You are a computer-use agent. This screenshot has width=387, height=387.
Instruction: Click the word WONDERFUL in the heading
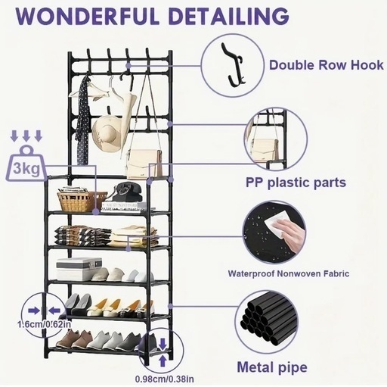[x=88, y=16]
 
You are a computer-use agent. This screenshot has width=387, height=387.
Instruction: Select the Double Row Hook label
[x=327, y=65]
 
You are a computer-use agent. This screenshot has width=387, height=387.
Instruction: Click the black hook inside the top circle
[x=232, y=65]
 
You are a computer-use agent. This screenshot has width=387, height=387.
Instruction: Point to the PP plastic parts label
[x=296, y=183]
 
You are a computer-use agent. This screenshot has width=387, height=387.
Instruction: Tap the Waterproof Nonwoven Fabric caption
[x=289, y=273]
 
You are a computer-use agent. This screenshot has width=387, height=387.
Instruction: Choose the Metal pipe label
[x=272, y=367]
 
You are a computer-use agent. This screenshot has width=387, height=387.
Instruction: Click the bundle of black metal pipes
[x=268, y=319]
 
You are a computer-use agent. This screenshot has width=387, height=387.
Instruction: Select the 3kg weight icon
[x=26, y=164]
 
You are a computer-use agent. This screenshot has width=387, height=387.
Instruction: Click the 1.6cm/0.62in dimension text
[x=45, y=324]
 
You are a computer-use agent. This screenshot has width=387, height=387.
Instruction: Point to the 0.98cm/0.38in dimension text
[x=165, y=379]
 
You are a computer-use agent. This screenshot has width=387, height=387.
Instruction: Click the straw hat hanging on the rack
[x=108, y=133]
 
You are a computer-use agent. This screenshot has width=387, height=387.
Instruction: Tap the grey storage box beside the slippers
[x=79, y=269]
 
